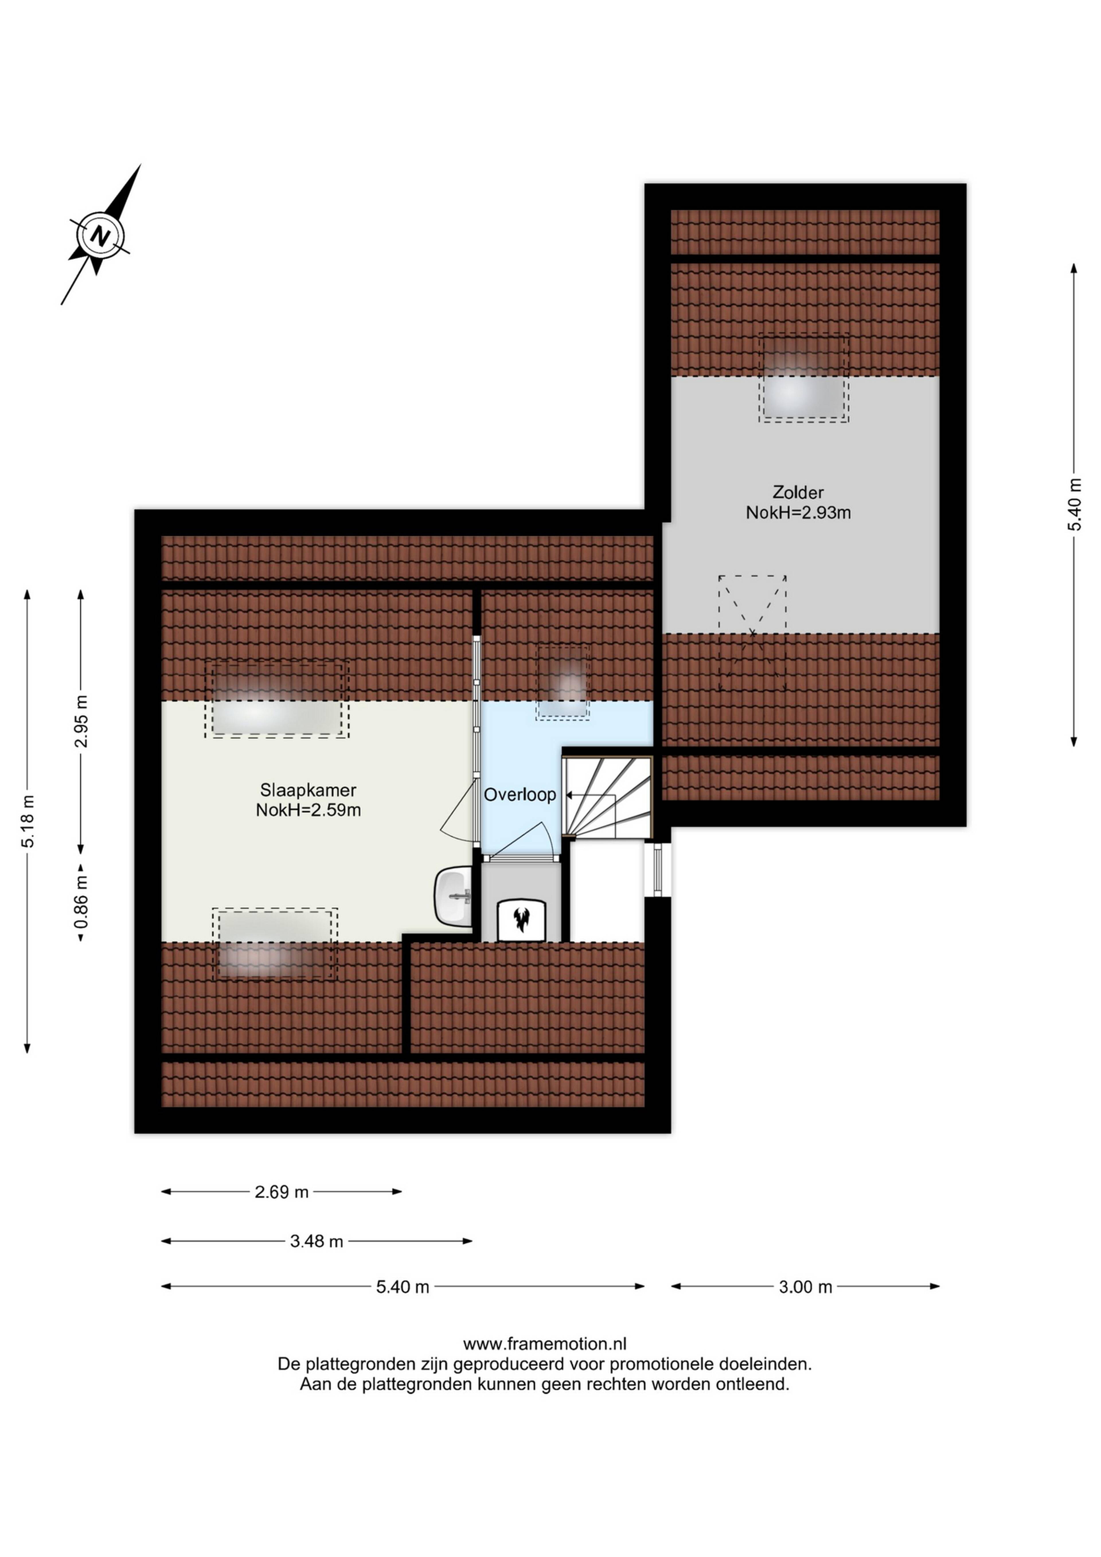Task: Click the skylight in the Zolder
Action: tap(803, 380)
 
